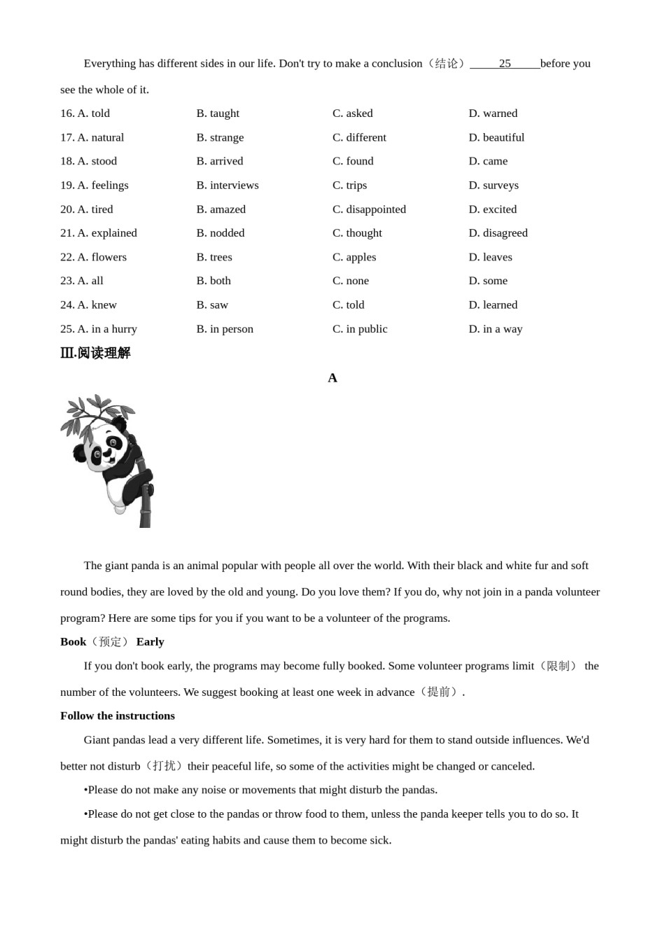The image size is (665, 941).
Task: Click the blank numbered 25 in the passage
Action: (505, 64)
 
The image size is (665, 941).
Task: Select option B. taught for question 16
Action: (218, 113)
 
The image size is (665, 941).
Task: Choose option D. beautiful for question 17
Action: (496, 138)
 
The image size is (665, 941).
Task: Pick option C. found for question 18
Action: (353, 161)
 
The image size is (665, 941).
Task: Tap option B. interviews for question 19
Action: (227, 186)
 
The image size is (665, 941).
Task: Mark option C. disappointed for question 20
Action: (369, 209)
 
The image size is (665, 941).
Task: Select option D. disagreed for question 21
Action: (498, 233)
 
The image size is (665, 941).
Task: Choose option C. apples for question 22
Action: (354, 258)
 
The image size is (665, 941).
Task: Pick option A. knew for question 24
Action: (97, 305)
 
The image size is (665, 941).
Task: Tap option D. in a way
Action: (496, 329)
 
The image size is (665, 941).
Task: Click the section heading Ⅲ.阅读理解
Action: (95, 353)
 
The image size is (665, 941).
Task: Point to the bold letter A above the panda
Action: (332, 378)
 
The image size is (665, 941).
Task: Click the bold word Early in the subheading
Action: (150, 642)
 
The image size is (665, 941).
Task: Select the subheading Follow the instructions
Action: (118, 716)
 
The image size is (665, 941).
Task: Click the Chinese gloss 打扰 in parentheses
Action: (164, 766)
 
